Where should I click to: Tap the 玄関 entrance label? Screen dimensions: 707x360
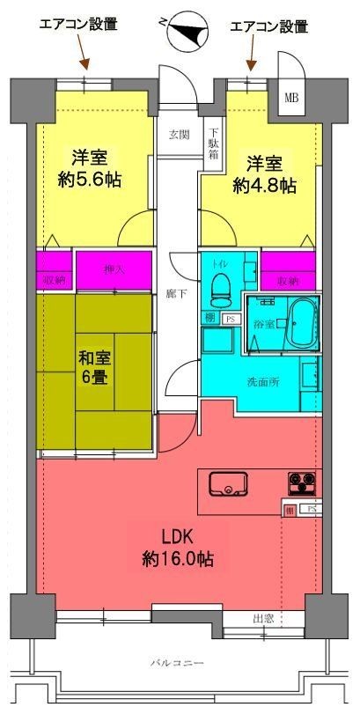(x=180, y=134)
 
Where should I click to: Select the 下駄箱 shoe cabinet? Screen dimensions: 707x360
(x=213, y=143)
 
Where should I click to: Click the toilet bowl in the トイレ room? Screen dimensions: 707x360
(x=220, y=286)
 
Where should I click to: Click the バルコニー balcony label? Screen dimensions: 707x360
(x=184, y=661)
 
